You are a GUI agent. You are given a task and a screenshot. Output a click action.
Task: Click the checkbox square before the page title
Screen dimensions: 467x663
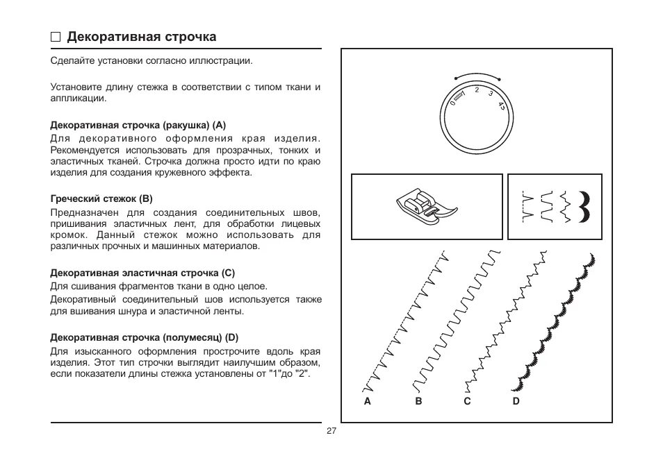(56, 37)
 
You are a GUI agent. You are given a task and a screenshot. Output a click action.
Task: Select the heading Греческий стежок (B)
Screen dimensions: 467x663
(101, 198)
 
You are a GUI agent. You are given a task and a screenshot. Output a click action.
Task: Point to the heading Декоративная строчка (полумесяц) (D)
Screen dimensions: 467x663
(145, 338)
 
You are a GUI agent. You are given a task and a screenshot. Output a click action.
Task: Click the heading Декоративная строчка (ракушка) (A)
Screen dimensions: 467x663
(138, 125)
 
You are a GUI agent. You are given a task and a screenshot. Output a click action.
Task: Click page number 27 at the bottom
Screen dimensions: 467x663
(331, 431)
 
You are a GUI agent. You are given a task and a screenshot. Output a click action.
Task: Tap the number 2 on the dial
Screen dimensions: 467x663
(477, 90)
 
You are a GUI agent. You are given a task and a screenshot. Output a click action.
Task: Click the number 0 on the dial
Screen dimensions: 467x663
(452, 103)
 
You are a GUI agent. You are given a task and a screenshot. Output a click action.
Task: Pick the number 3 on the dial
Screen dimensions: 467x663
(491, 94)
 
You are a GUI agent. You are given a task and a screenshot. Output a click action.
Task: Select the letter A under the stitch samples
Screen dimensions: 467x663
(367, 401)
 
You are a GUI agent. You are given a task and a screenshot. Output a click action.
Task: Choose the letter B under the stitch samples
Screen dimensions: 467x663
(418, 401)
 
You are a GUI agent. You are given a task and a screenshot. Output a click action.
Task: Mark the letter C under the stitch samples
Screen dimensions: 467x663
(468, 401)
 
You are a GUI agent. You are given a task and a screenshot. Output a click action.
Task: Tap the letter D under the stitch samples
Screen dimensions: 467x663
(516, 401)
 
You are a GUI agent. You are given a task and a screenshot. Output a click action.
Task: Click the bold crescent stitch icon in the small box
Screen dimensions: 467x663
(585, 206)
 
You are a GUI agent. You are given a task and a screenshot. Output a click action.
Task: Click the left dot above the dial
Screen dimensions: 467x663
(455, 78)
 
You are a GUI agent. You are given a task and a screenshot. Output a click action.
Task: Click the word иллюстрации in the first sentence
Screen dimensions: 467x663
(224, 61)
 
